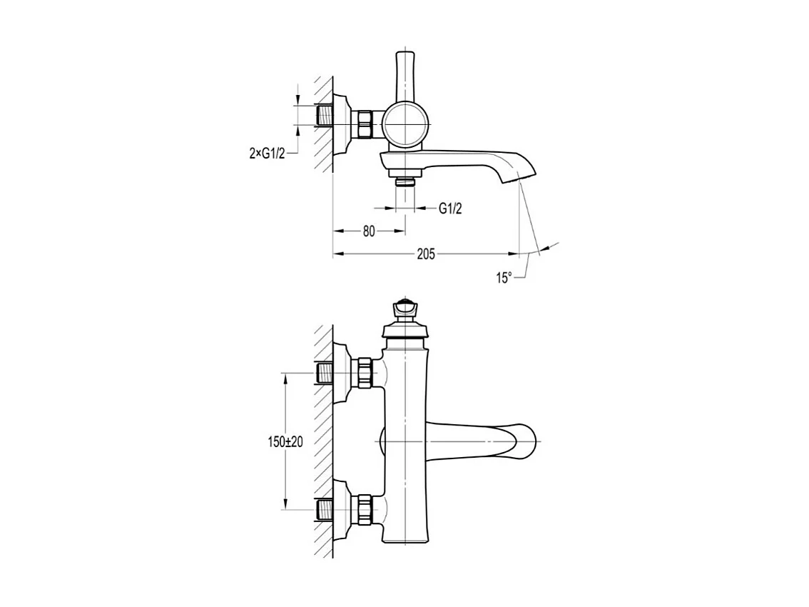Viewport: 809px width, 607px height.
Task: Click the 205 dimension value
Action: (x=426, y=254)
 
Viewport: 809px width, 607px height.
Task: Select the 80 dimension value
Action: (x=369, y=231)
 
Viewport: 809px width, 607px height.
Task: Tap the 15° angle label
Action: (x=504, y=278)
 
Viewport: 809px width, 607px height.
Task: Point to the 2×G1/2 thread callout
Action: (x=267, y=154)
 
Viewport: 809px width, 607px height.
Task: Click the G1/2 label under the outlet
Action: (x=450, y=209)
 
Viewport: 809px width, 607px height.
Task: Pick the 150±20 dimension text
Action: (x=286, y=442)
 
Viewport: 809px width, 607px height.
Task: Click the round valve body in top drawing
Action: (x=406, y=124)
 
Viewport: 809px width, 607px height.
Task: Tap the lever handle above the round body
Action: (x=405, y=76)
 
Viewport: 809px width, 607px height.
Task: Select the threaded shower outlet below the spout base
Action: (x=405, y=182)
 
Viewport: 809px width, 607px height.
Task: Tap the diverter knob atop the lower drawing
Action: (x=405, y=309)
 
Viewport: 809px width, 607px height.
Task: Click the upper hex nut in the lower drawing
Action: (x=365, y=373)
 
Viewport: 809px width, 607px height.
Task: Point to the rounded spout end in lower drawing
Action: (x=525, y=442)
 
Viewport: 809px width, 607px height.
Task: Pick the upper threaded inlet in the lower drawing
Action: (x=323, y=373)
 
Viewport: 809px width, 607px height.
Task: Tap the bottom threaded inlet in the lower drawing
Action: (x=323, y=509)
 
